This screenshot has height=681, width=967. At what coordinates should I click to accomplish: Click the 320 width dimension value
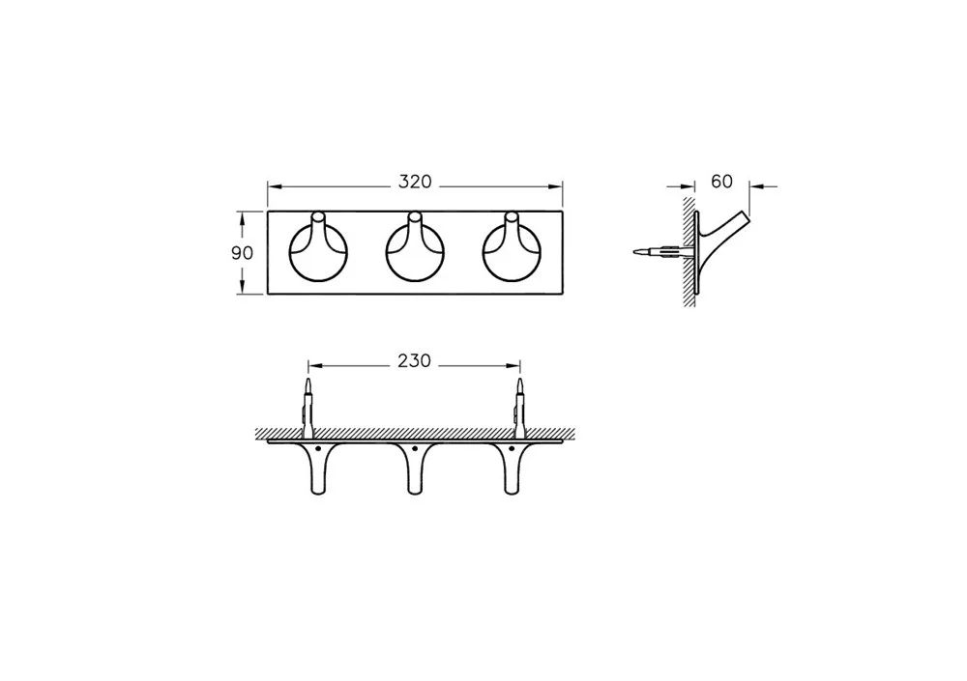(x=415, y=183)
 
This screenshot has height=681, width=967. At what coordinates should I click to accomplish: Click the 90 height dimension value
(x=243, y=253)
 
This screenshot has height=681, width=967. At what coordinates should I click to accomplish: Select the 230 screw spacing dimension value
(x=414, y=360)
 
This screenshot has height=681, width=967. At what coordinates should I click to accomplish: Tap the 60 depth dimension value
(x=721, y=182)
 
